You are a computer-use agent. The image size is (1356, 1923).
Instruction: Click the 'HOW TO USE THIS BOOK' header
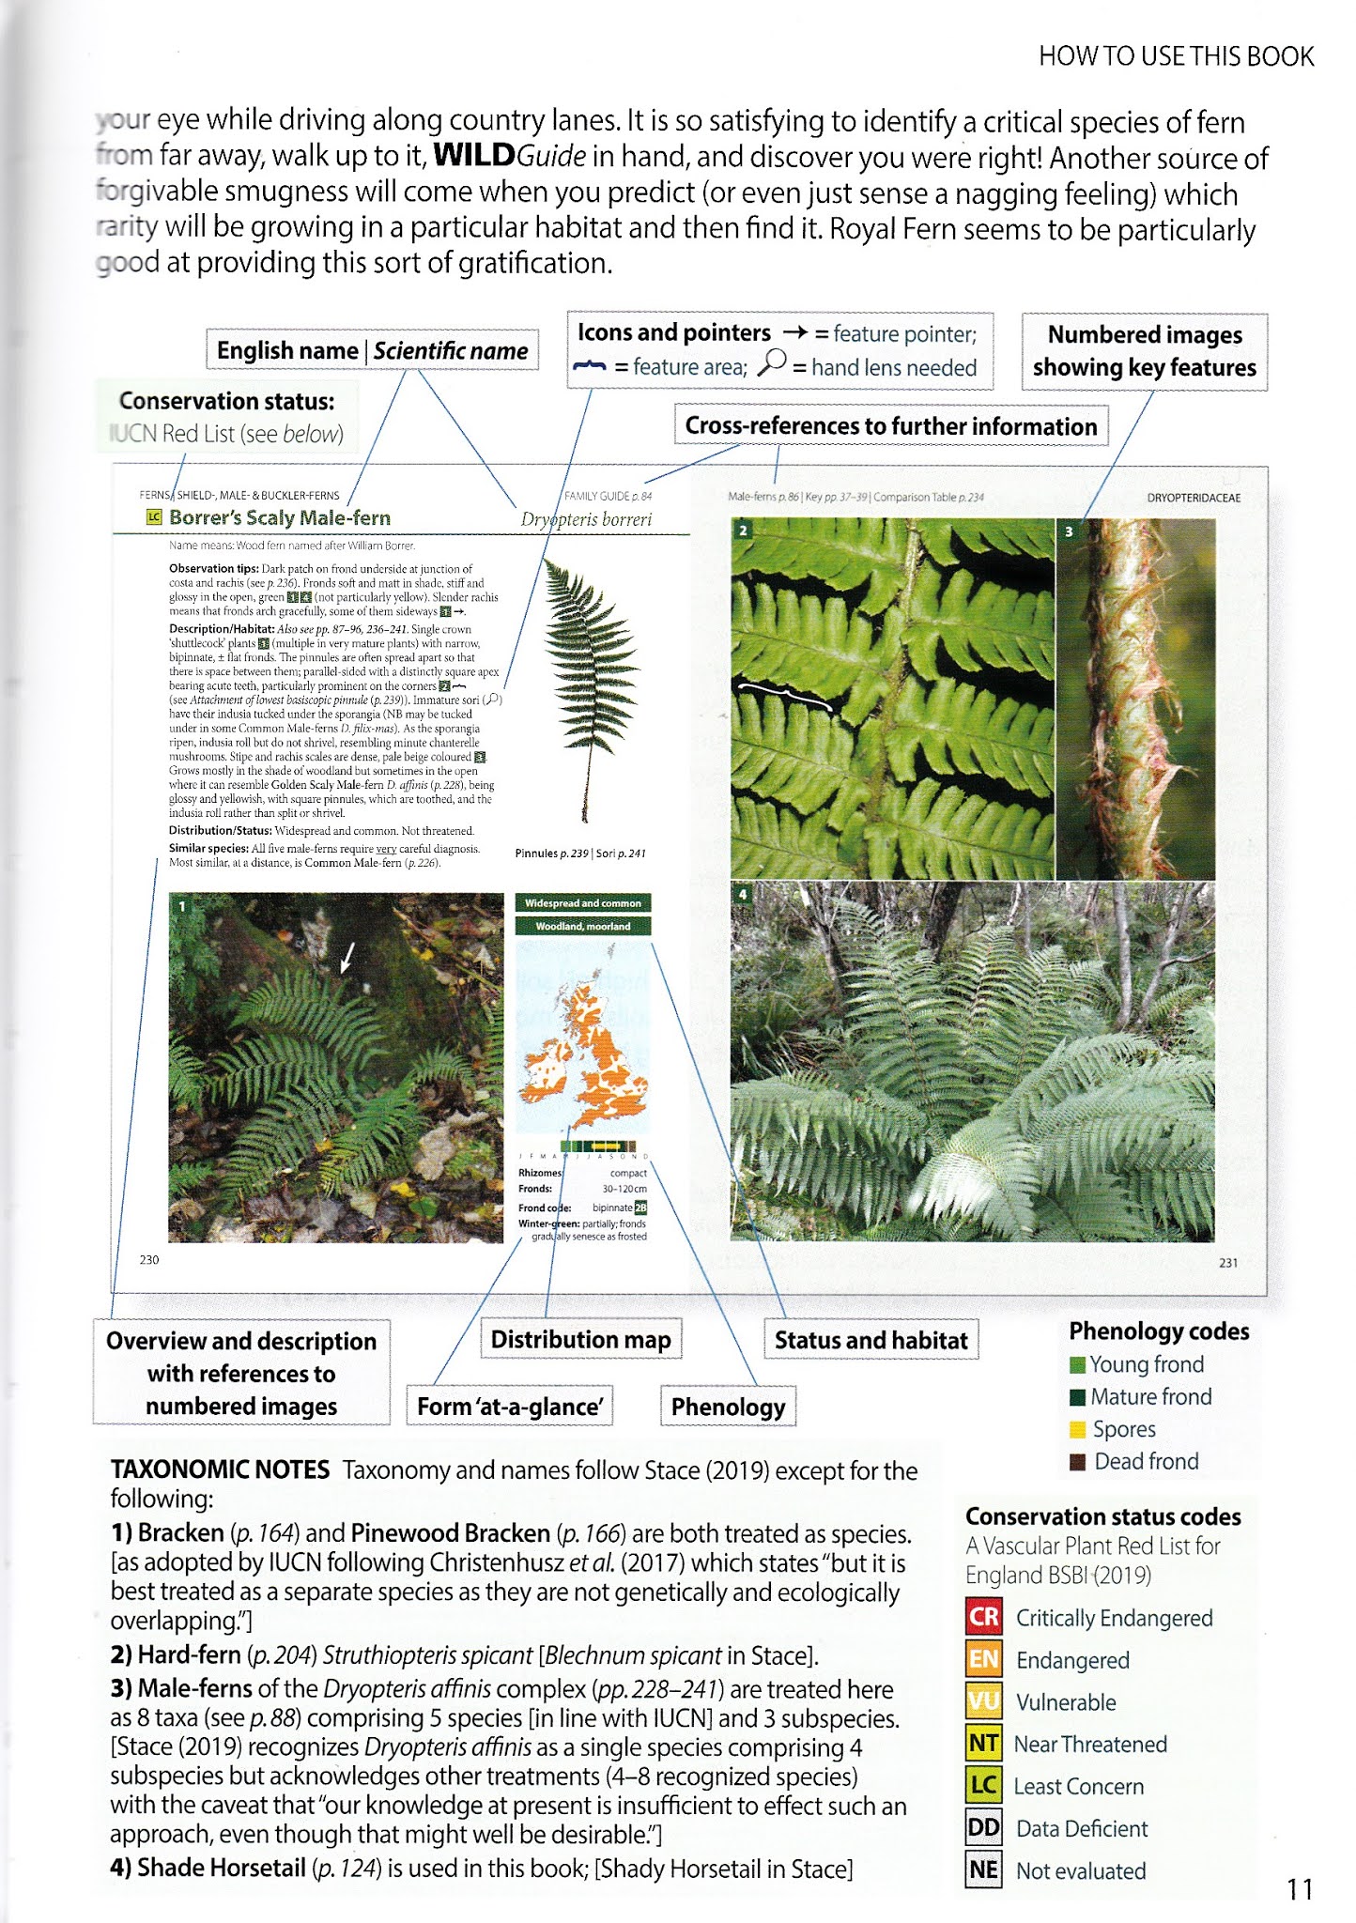point(1176,56)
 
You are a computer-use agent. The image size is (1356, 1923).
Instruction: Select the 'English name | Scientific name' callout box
point(372,351)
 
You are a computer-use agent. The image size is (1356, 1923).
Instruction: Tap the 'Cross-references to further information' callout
point(890,426)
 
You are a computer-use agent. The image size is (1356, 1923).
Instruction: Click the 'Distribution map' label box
point(580,1339)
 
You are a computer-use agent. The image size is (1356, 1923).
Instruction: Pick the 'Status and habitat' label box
point(871,1340)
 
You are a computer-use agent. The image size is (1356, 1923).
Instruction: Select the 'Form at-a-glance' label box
point(509,1407)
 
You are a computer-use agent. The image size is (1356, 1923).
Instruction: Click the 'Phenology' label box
point(728,1407)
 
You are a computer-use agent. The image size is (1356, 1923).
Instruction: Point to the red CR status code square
point(983,1617)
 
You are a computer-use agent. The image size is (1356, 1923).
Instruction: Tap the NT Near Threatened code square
point(983,1744)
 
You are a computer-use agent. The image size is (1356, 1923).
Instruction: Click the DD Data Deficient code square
point(983,1828)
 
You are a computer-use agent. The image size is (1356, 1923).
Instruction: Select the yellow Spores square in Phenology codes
point(1078,1429)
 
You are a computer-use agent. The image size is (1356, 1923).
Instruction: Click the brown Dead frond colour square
point(1078,1462)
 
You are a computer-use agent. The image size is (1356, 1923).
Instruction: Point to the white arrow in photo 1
point(347,958)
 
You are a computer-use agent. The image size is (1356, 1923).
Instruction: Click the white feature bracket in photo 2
point(784,695)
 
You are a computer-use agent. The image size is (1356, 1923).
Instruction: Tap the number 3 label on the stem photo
point(1069,532)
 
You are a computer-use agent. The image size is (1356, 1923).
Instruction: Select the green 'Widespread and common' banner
point(582,903)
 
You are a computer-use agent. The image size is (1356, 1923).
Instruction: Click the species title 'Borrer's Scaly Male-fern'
point(279,517)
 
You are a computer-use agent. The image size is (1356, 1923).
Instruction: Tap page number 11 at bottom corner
point(1300,1888)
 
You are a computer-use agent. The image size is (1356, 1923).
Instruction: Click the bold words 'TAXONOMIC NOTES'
point(220,1469)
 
